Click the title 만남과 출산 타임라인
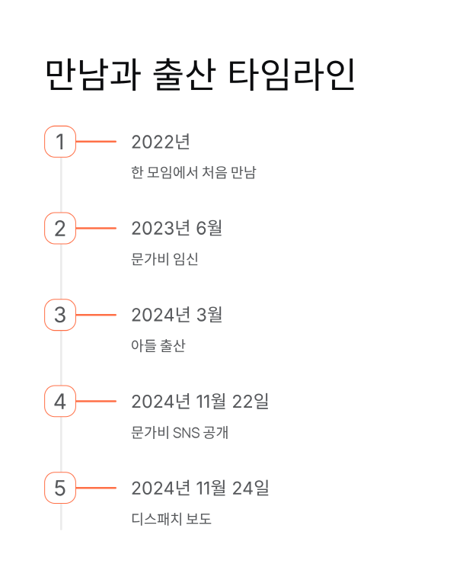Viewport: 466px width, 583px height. [x=200, y=75]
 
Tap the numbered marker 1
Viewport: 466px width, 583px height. [x=60, y=142]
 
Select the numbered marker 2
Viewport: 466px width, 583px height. [x=60, y=228]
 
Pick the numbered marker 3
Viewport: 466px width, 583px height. [x=60, y=315]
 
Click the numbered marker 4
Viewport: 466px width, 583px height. [x=60, y=401]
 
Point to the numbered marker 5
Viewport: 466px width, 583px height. [x=60, y=488]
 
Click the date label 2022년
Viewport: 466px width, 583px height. [x=160, y=142]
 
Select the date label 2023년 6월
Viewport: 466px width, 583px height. [x=177, y=228]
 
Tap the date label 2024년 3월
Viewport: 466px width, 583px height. [x=177, y=315]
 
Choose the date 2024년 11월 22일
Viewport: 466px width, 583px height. [x=199, y=401]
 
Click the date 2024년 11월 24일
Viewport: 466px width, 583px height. [x=199, y=488]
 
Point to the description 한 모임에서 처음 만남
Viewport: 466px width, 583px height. [x=193, y=173]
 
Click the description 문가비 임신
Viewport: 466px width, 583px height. [x=164, y=259]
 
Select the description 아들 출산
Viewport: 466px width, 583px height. [x=158, y=346]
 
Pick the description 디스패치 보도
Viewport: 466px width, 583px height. [x=171, y=520]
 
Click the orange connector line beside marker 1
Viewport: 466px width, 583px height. [x=96, y=142]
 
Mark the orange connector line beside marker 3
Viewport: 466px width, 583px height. [x=96, y=315]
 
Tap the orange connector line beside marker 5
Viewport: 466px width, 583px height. [x=96, y=488]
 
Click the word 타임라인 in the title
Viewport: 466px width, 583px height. [x=292, y=75]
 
